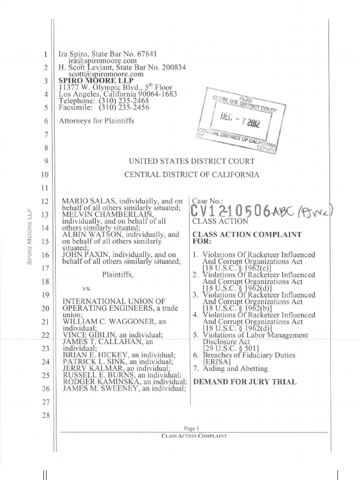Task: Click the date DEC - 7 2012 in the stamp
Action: [x=239, y=123]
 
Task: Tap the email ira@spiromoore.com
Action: [x=103, y=60]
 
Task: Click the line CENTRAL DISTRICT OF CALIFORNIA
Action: [x=191, y=175]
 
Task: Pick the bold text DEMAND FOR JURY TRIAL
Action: [x=245, y=382]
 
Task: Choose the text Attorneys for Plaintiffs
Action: [x=97, y=121]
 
